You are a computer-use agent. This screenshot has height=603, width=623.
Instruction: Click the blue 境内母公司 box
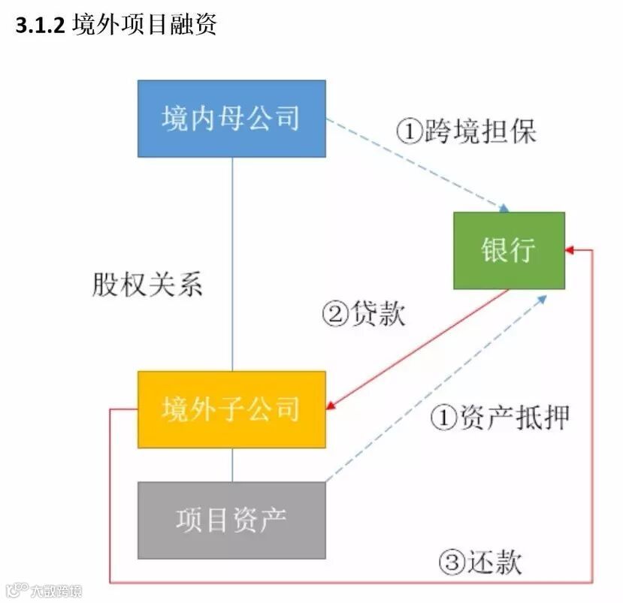click(x=231, y=119)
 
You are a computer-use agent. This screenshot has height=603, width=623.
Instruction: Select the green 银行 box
click(x=509, y=250)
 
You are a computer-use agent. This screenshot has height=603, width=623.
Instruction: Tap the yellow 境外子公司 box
click(x=231, y=409)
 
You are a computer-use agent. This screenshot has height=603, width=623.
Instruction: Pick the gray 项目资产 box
click(x=231, y=520)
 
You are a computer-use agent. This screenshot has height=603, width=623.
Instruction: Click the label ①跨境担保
click(x=466, y=132)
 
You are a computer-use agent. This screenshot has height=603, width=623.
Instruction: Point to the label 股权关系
click(x=147, y=285)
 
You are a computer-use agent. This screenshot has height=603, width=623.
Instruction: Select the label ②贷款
click(x=363, y=313)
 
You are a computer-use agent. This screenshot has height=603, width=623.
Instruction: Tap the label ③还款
click(x=480, y=562)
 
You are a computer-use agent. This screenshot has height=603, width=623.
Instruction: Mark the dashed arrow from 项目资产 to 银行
click(x=436, y=388)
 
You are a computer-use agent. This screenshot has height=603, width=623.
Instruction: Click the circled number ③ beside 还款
click(x=452, y=562)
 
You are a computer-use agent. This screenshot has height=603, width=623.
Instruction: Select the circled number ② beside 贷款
click(x=335, y=313)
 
